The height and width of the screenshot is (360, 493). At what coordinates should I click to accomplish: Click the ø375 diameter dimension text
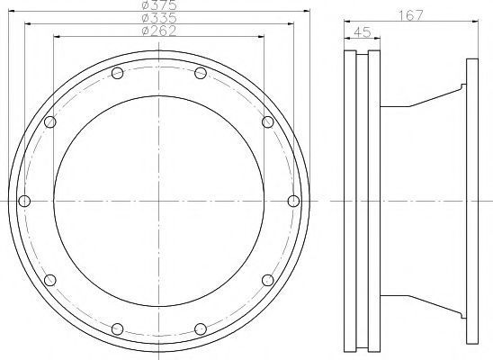pyautogui.click(x=159, y=5)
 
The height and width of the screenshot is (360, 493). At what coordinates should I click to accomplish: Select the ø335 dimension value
pyautogui.click(x=159, y=18)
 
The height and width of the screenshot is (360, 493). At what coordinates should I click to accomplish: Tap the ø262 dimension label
pyautogui.click(x=159, y=31)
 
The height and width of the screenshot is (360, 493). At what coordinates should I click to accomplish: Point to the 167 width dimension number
pyautogui.click(x=411, y=15)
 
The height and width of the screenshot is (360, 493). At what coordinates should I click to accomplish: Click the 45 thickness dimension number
pyautogui.click(x=363, y=32)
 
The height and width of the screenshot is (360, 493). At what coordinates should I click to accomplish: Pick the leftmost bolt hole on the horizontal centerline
pyautogui.click(x=24, y=201)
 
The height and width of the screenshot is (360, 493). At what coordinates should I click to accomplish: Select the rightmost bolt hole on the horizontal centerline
pyautogui.click(x=293, y=201)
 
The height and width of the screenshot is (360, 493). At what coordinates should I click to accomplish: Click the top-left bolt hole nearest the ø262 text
pyautogui.click(x=117, y=73)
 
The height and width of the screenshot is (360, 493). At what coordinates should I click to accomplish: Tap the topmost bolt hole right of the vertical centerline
pyautogui.click(x=201, y=73)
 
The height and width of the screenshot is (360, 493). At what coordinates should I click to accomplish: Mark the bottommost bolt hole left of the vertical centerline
pyautogui.click(x=117, y=328)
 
